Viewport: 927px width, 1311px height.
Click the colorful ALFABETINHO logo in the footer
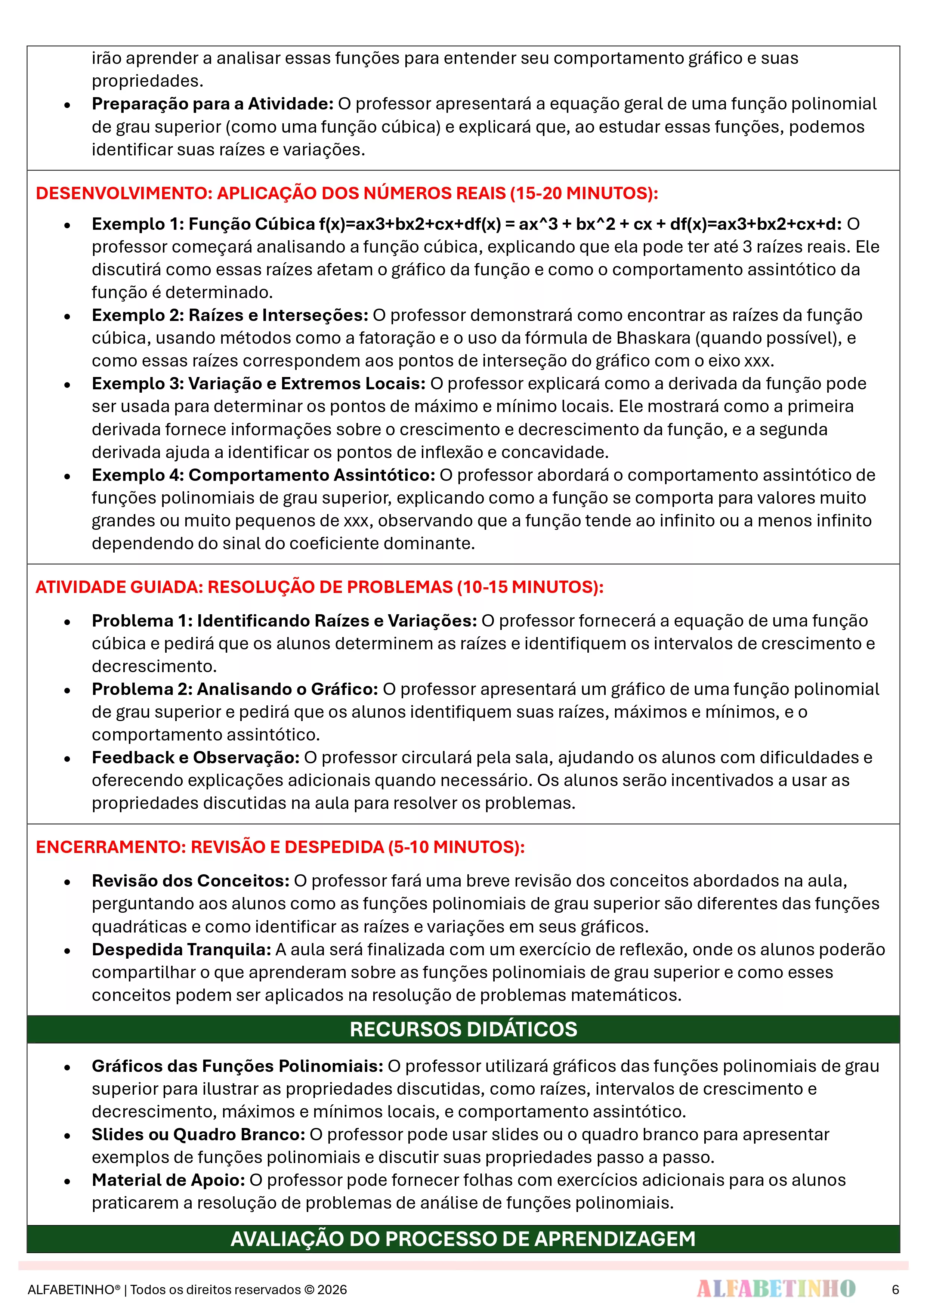(x=776, y=1289)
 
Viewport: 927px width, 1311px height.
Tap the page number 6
(x=895, y=1289)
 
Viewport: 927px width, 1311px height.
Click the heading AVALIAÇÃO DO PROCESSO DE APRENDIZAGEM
(x=463, y=1239)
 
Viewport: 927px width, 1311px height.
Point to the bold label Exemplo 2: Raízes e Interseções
(x=230, y=315)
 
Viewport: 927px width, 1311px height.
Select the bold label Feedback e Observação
(x=195, y=758)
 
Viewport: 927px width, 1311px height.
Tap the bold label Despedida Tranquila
(x=181, y=950)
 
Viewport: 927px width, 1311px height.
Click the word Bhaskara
(x=653, y=338)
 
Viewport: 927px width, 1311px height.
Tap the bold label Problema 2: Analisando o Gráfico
(x=235, y=689)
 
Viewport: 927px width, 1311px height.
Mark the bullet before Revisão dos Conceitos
(x=67, y=882)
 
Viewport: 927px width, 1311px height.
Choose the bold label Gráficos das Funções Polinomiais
(x=237, y=1066)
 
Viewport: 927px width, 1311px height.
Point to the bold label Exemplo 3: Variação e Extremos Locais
(x=258, y=384)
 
